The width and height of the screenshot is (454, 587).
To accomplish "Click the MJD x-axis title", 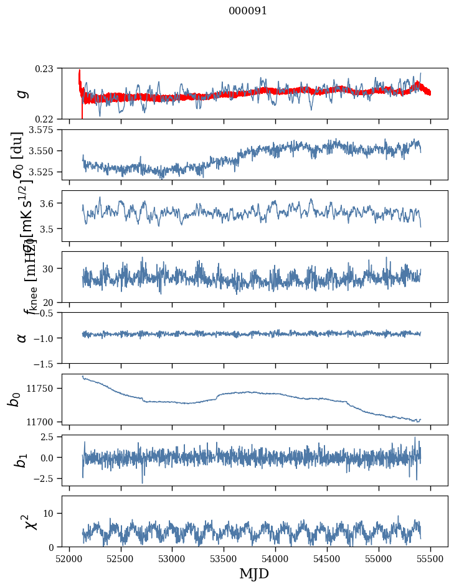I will click(254, 574).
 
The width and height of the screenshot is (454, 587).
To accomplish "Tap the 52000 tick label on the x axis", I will click(69, 558).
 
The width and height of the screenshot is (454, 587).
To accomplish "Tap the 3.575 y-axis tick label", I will click(43, 130).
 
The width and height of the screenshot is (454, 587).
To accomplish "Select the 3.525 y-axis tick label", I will click(43, 172).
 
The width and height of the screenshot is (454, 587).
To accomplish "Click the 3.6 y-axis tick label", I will click(50, 203).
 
